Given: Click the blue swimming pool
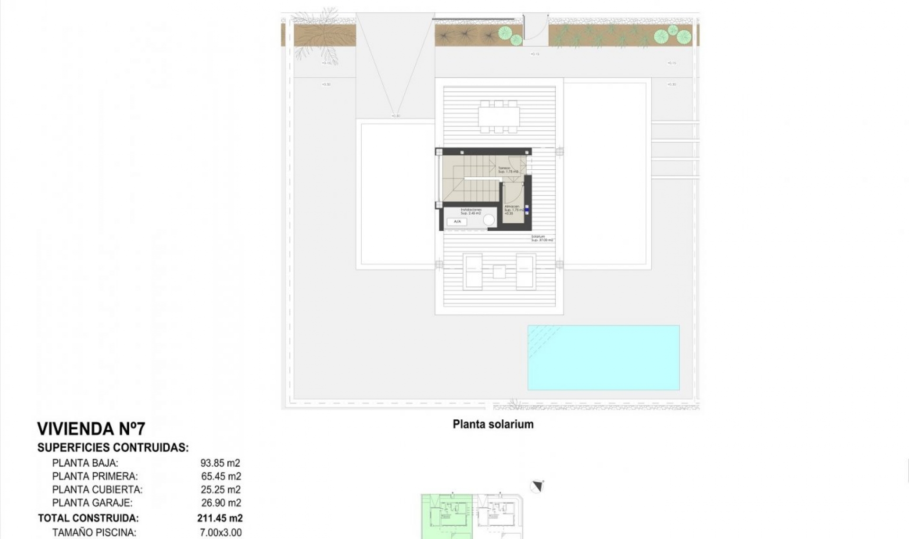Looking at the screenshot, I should click(x=603, y=357).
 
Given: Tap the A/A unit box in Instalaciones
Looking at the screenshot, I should click(x=457, y=221).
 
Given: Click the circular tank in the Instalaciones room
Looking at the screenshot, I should click(x=489, y=220).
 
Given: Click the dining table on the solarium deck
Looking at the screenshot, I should click(x=499, y=116).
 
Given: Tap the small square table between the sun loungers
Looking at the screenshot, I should click(x=499, y=271).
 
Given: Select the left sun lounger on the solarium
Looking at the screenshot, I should click(x=473, y=271).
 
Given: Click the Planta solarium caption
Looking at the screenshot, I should click(x=493, y=424).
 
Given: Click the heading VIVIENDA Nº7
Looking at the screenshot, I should click(x=91, y=429).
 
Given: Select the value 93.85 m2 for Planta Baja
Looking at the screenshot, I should click(x=220, y=463).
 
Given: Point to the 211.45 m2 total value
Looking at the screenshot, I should click(x=220, y=518).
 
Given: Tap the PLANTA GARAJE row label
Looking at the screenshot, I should click(x=92, y=503).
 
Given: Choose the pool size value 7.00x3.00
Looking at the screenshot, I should click(x=221, y=532).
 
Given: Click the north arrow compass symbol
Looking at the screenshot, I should click(x=537, y=487).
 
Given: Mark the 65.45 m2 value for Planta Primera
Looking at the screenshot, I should click(x=221, y=476).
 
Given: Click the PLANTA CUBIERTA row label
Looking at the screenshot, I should click(x=97, y=489).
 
